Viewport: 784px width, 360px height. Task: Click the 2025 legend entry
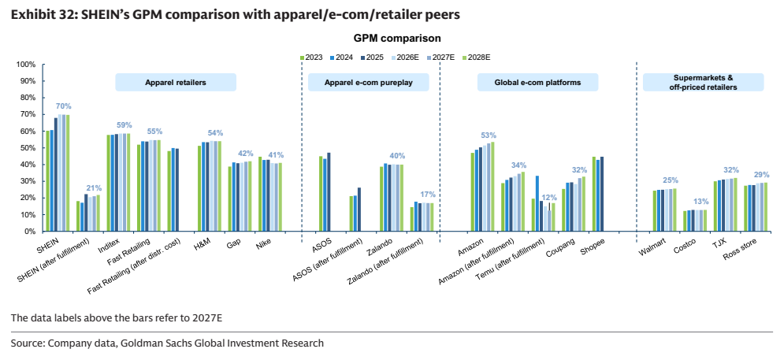point(372,58)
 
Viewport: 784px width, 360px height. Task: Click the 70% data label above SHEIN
point(64,106)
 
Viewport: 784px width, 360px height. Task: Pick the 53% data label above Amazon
point(488,135)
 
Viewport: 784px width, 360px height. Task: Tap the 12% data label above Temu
point(549,197)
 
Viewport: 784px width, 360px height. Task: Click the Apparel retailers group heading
point(176,83)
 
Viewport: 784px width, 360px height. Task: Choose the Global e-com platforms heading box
point(538,83)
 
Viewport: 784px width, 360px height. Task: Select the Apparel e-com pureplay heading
point(368,83)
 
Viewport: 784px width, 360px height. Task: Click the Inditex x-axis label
point(111,245)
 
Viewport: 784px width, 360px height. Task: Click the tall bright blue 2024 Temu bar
point(537,203)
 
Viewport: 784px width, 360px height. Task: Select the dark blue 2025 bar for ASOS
point(329,192)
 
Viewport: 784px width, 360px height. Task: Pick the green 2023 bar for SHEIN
point(47,181)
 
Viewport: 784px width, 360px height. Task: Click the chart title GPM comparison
point(397,39)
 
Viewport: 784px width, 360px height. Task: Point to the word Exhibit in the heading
point(32,15)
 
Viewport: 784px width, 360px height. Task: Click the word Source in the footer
point(27,343)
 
